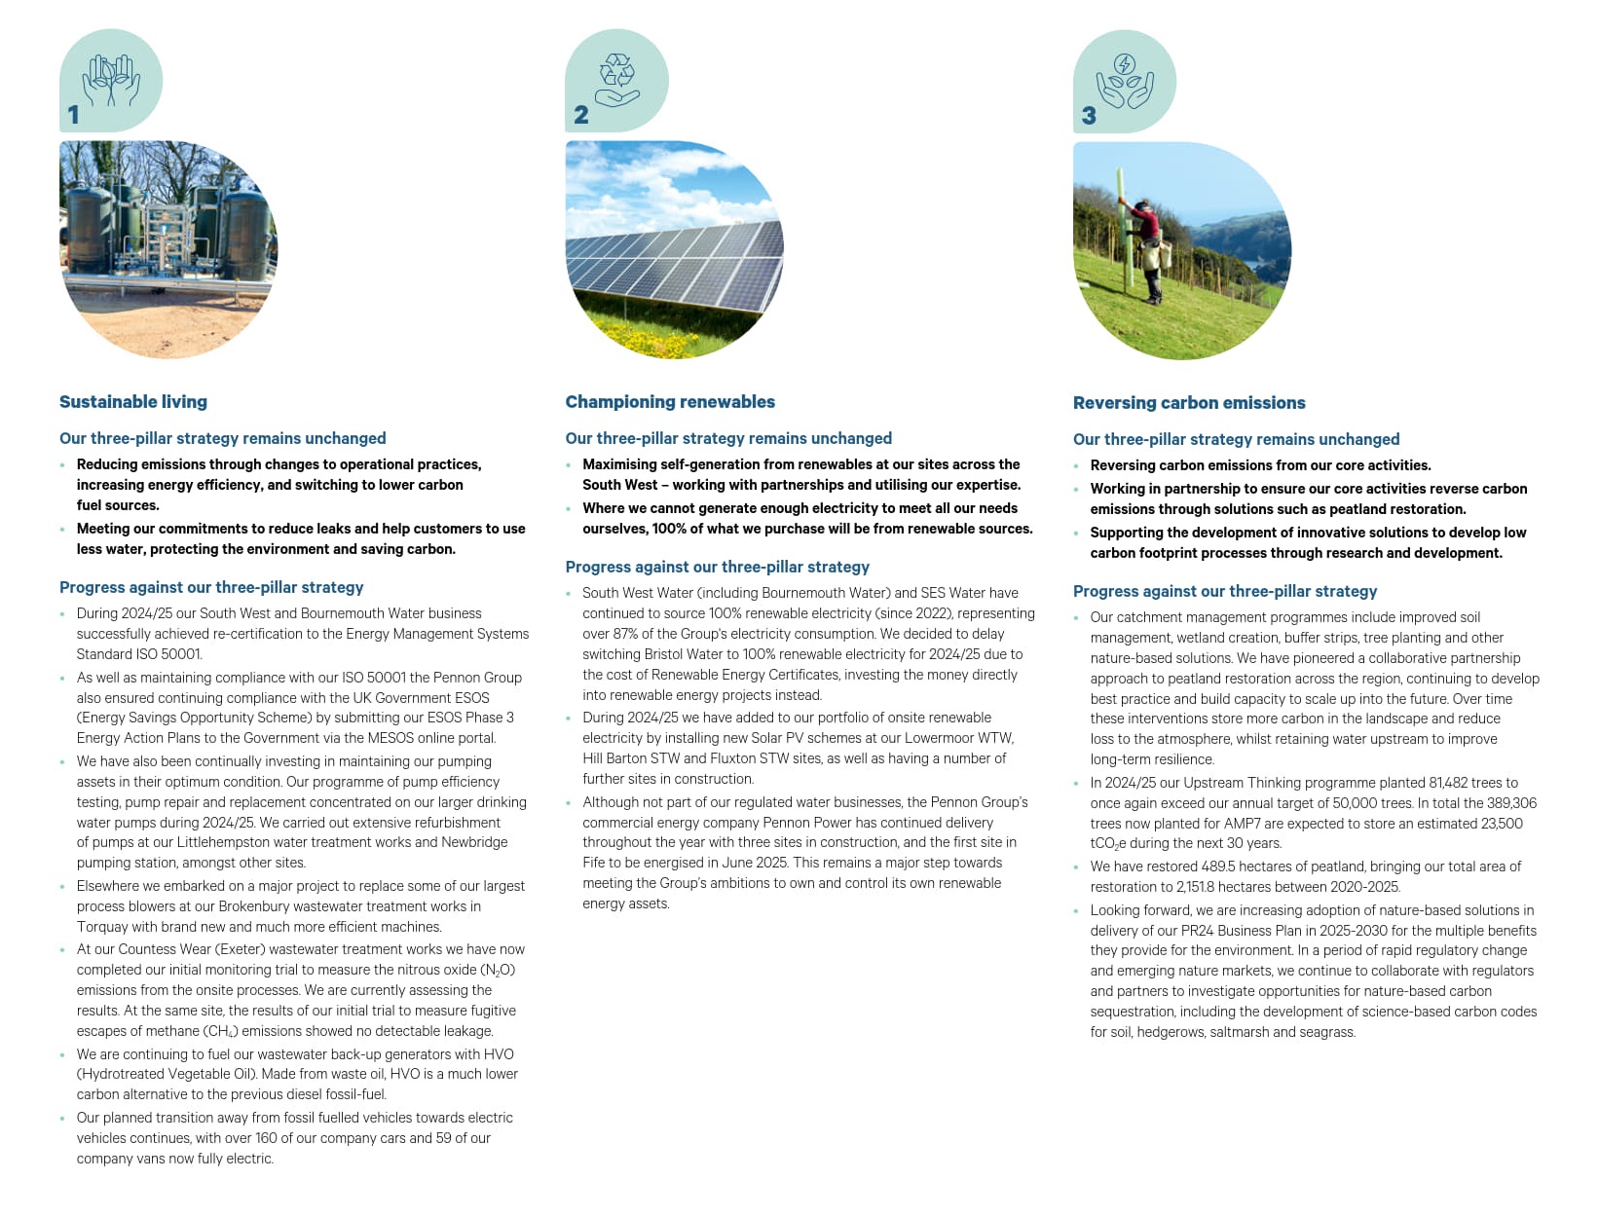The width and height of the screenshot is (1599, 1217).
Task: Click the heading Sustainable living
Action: pos(133,402)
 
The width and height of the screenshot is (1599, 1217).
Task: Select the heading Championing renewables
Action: pos(670,402)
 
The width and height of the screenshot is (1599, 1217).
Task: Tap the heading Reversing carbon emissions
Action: pos(1189,403)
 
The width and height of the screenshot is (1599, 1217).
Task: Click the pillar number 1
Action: pos(73,115)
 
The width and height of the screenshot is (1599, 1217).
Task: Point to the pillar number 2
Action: pos(581,115)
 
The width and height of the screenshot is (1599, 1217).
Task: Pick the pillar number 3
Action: pos(1089,116)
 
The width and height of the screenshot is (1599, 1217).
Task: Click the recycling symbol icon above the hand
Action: pos(617,70)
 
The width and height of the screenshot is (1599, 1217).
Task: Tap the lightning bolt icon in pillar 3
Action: pos(1125,65)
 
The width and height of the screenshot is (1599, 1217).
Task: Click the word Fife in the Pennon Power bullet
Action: pos(596,863)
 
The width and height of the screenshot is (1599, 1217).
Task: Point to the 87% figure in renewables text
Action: pos(626,634)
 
